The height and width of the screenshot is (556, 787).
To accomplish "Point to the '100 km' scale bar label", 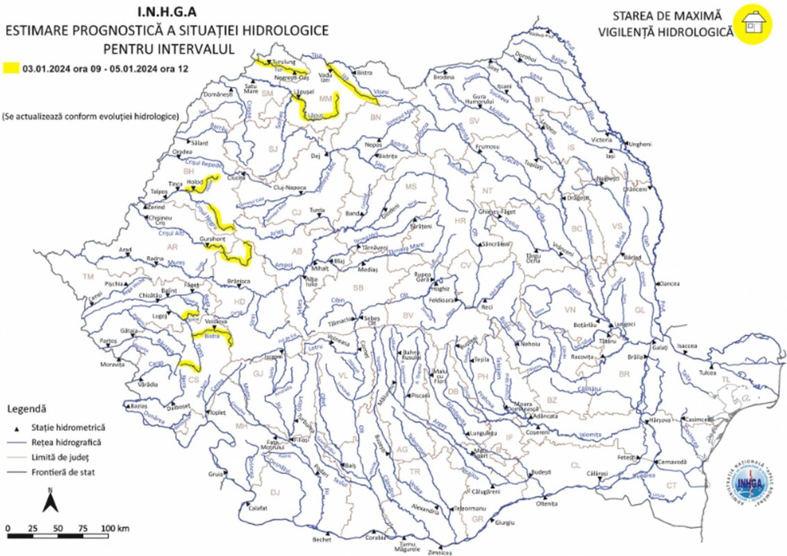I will (x=115, y=529).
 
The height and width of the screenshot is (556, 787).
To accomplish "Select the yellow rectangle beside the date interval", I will (x=10, y=68).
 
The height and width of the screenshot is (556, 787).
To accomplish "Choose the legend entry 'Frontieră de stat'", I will (x=67, y=472).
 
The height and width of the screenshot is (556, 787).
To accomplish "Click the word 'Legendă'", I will (x=26, y=408).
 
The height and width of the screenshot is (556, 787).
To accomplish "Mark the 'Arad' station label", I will (x=125, y=249).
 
